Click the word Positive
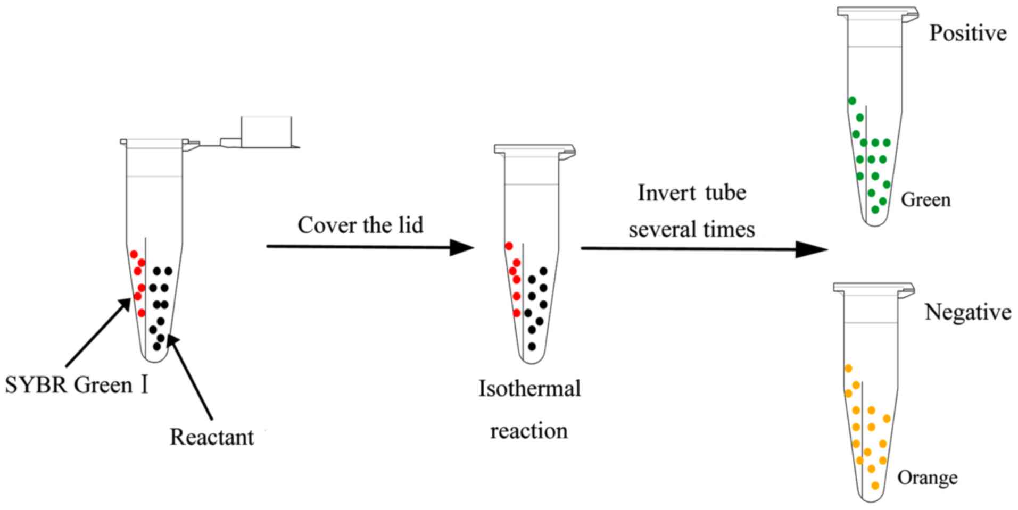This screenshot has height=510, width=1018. pos(967,34)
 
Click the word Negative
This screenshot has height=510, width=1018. pos(967,312)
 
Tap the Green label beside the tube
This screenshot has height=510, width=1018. pos(925,200)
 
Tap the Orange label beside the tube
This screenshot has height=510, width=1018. pos(927,478)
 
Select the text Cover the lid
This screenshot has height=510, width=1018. pos(360,225)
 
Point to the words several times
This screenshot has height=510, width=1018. pos(691,230)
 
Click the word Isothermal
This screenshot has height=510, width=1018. pos(529,389)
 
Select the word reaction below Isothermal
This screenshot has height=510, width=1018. pos(528,431)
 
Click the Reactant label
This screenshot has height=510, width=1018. pos(212,437)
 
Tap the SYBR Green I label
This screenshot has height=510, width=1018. pos(76,385)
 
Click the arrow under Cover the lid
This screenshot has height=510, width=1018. pos(369,247)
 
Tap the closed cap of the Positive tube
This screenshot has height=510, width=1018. pos(877,13)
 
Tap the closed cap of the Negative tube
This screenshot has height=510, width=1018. pos(873,288)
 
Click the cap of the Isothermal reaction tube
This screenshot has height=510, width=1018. pos(534,149)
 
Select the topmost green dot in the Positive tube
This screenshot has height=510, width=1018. pos(852,101)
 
